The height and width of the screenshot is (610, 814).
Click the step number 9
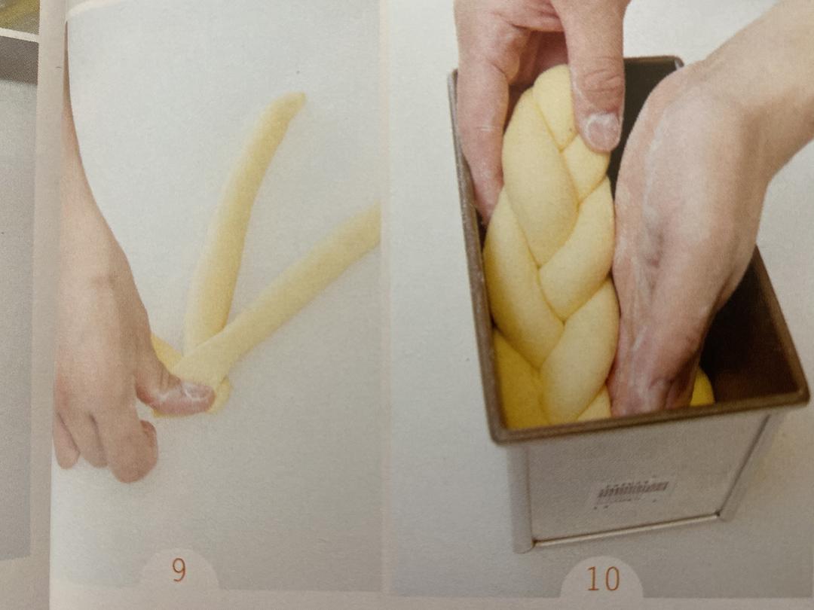[x=178, y=570]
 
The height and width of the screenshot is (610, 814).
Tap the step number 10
[x=602, y=578]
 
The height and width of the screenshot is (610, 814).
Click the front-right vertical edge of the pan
[x=742, y=474]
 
